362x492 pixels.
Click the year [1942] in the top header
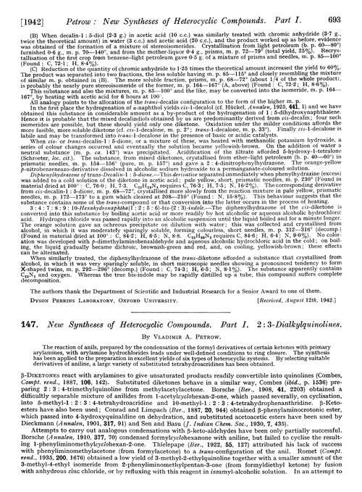[30, 9]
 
